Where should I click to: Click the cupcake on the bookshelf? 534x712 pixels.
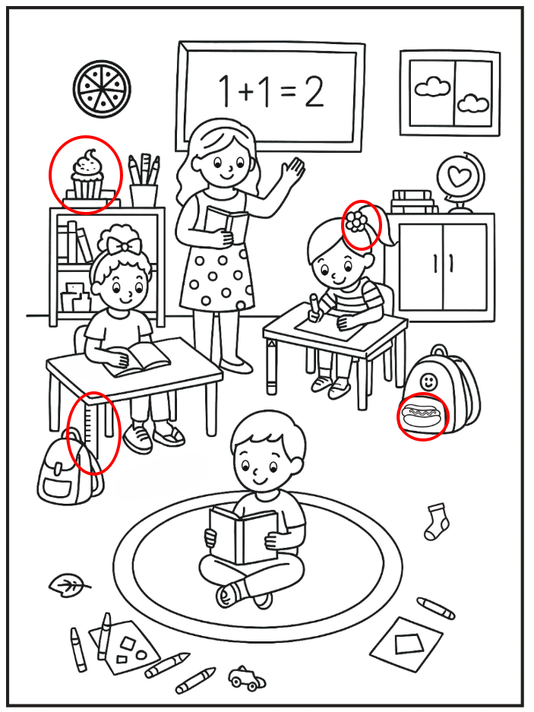[x=87, y=176]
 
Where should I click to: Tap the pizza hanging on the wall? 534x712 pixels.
[x=102, y=88]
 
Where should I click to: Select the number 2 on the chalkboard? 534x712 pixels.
[x=314, y=91]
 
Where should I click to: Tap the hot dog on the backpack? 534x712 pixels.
[x=422, y=416]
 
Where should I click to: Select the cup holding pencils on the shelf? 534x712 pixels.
[x=144, y=195]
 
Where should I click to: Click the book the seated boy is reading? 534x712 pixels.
[x=244, y=536]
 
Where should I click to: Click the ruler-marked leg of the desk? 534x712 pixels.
[x=91, y=431]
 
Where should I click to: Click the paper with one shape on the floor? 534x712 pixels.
[x=407, y=644]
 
